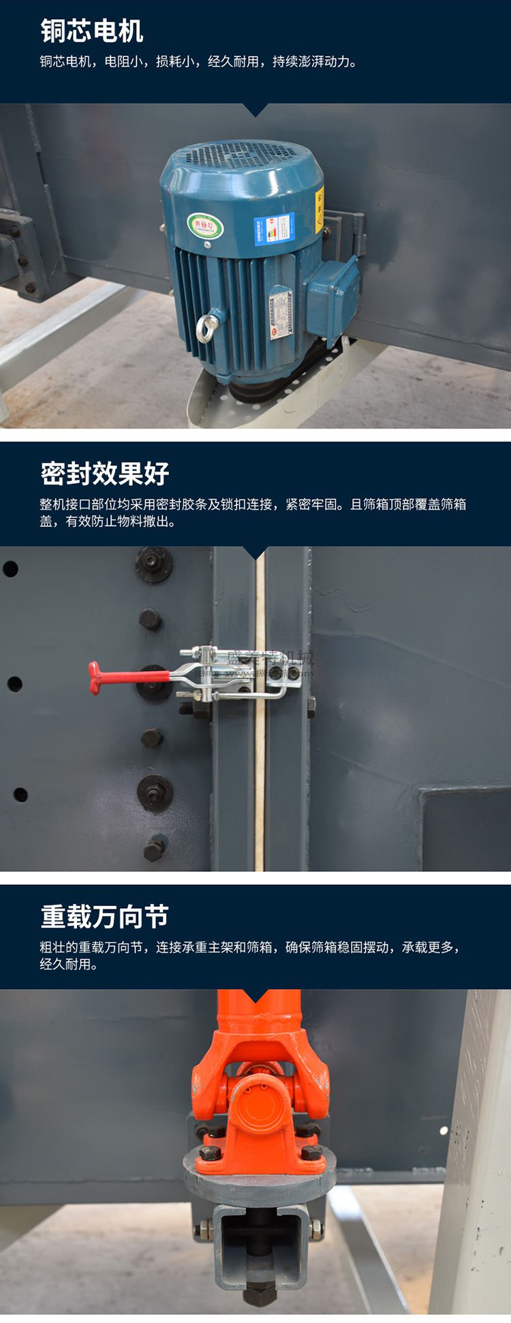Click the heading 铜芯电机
[92, 31]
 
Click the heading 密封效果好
[105, 473]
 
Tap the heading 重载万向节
[105, 916]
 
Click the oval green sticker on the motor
[205, 225]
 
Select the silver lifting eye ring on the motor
[207, 328]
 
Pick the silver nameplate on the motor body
[280, 314]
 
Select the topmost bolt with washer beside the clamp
[154, 564]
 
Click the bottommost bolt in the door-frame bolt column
[154, 849]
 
